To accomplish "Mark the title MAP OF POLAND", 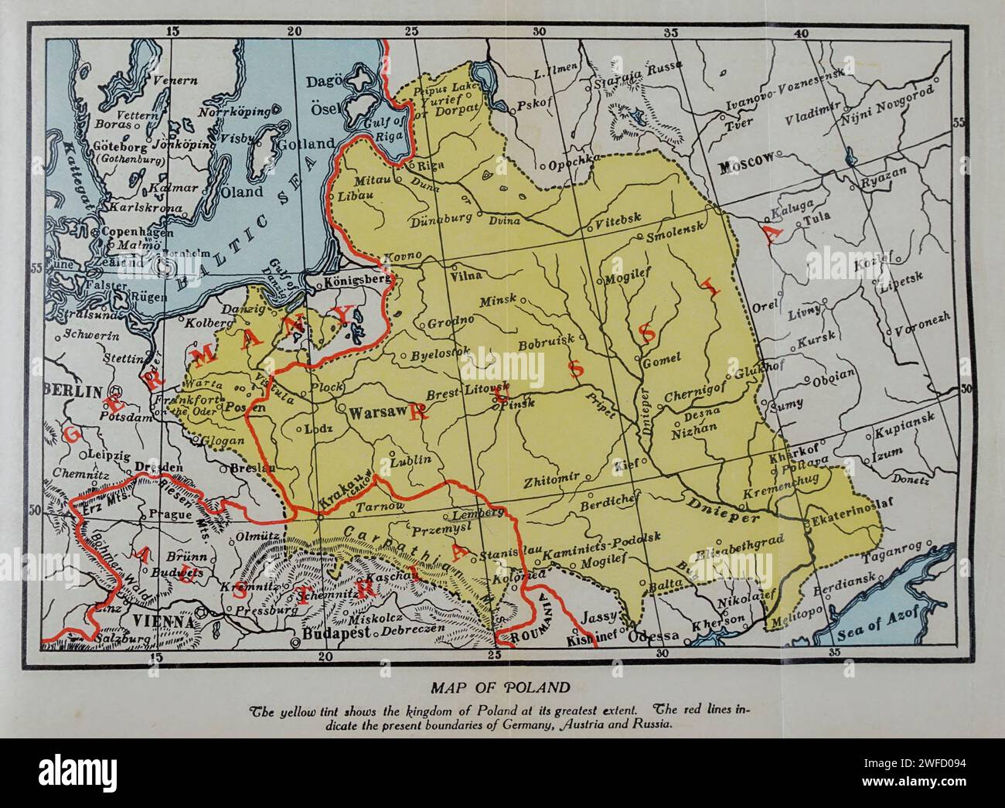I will click(502, 687).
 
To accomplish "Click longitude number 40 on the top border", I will click(802, 32).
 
